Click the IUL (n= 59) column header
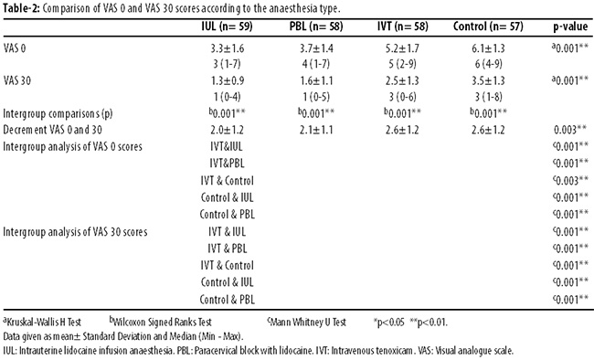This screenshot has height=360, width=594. pyautogui.click(x=227, y=26)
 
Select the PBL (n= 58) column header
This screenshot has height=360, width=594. pyautogui.click(x=316, y=26)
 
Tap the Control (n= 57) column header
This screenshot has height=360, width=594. pyautogui.click(x=488, y=26)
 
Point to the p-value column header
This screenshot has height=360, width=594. pyautogui.click(x=570, y=26)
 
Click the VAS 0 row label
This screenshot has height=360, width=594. pyautogui.click(x=15, y=48)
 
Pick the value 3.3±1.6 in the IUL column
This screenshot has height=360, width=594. pyautogui.click(x=228, y=48)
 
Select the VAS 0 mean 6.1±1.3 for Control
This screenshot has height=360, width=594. pyautogui.click(x=488, y=48)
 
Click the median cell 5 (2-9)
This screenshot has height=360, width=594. pyautogui.click(x=402, y=64)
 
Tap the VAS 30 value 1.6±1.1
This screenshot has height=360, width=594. pyautogui.click(x=316, y=80)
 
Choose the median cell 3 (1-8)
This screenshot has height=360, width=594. pyautogui.click(x=489, y=97)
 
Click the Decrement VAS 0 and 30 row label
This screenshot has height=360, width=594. pyautogui.click(x=53, y=130)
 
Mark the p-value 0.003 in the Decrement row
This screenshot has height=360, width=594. pyautogui.click(x=570, y=130)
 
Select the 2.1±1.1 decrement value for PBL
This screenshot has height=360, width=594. pyautogui.click(x=316, y=130)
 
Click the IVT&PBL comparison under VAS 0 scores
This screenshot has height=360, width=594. pyautogui.click(x=227, y=164)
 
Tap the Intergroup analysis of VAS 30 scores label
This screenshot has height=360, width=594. pyautogui.click(x=75, y=232)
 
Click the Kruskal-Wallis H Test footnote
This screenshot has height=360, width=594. pyautogui.click(x=42, y=323)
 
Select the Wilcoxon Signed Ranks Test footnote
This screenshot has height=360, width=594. pyautogui.click(x=160, y=323)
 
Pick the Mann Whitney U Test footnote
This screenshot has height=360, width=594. pyautogui.click(x=306, y=323)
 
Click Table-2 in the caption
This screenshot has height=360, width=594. pyautogui.click(x=21, y=8)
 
